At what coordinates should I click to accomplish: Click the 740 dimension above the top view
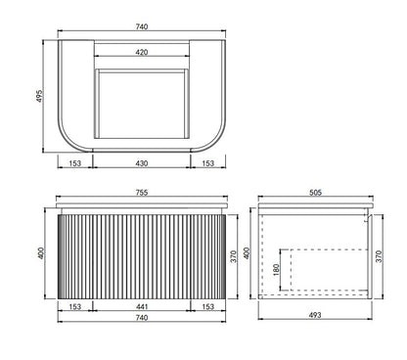(x=142, y=26)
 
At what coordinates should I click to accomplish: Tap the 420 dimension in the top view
(x=142, y=52)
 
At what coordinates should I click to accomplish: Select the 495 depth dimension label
(x=39, y=96)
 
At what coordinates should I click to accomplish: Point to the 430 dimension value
(x=142, y=163)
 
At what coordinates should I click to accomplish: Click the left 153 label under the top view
(x=75, y=163)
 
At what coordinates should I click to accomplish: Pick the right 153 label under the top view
(x=208, y=163)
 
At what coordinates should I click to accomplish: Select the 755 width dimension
(x=142, y=193)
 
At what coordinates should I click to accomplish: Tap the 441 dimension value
(x=142, y=306)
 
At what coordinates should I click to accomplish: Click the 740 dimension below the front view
(x=142, y=317)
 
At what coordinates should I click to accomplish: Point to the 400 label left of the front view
(x=41, y=253)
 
